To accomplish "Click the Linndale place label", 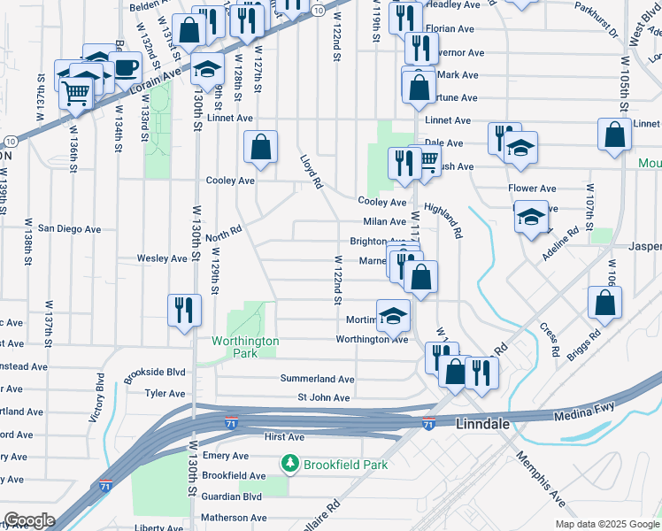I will (483, 425).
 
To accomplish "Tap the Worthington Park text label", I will (245, 347).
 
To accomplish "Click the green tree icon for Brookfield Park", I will (289, 464).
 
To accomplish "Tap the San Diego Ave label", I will (69, 228).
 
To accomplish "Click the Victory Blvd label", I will (98, 402).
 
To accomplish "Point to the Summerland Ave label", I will (318, 379).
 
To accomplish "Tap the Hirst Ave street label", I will (284, 437).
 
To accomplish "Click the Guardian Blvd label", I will (233, 497).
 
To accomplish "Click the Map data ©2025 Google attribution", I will (606, 524).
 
